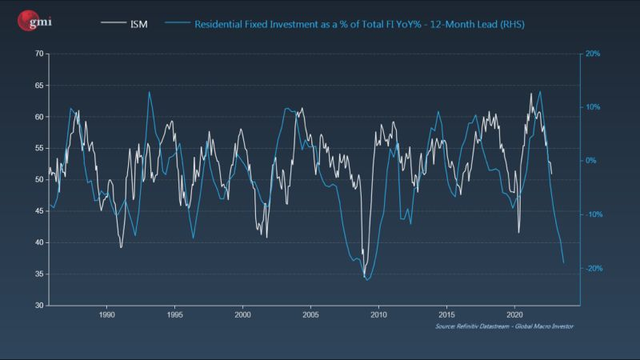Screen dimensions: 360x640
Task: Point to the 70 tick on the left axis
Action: (38, 54)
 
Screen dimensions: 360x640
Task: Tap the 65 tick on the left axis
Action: (38, 85)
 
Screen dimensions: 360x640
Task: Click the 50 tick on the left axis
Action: (38, 179)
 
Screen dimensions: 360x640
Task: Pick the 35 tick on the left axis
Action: (38, 274)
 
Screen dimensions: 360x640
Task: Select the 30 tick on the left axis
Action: (38, 305)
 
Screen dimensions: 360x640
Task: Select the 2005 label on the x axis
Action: (310, 314)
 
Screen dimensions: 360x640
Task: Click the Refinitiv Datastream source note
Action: (504, 327)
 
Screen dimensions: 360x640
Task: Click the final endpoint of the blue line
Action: (564, 262)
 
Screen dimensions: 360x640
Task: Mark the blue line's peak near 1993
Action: (149, 92)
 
